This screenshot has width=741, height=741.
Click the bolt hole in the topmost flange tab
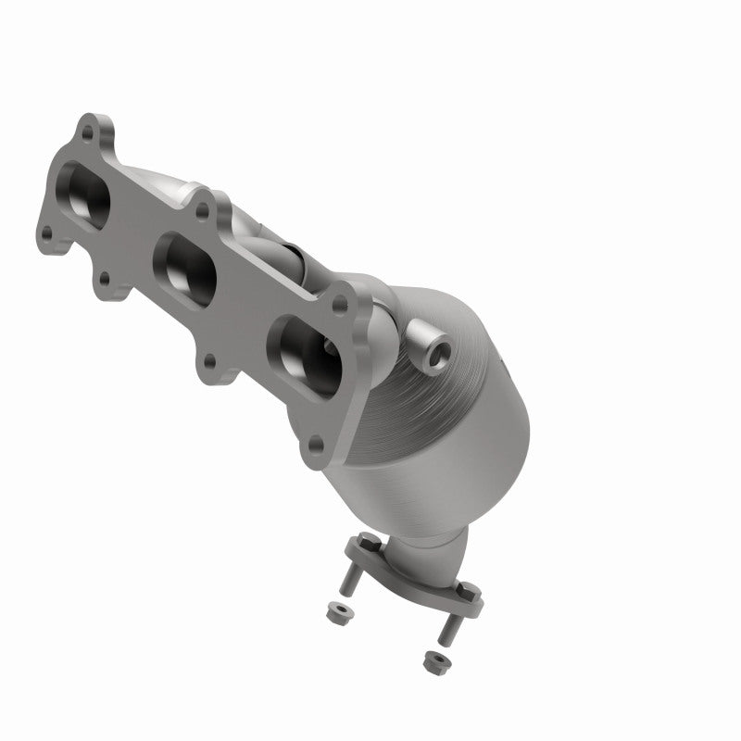point(87,132)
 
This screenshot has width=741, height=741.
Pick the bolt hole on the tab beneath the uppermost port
point(105,276)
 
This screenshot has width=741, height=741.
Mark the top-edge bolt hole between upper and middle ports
point(201,212)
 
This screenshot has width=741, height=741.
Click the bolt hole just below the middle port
point(210,359)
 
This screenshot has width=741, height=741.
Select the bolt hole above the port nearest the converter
point(340,303)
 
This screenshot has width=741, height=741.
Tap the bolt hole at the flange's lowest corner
point(317,446)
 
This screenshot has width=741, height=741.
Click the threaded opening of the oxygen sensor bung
point(435,351)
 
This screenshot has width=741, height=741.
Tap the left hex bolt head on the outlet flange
point(363,541)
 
